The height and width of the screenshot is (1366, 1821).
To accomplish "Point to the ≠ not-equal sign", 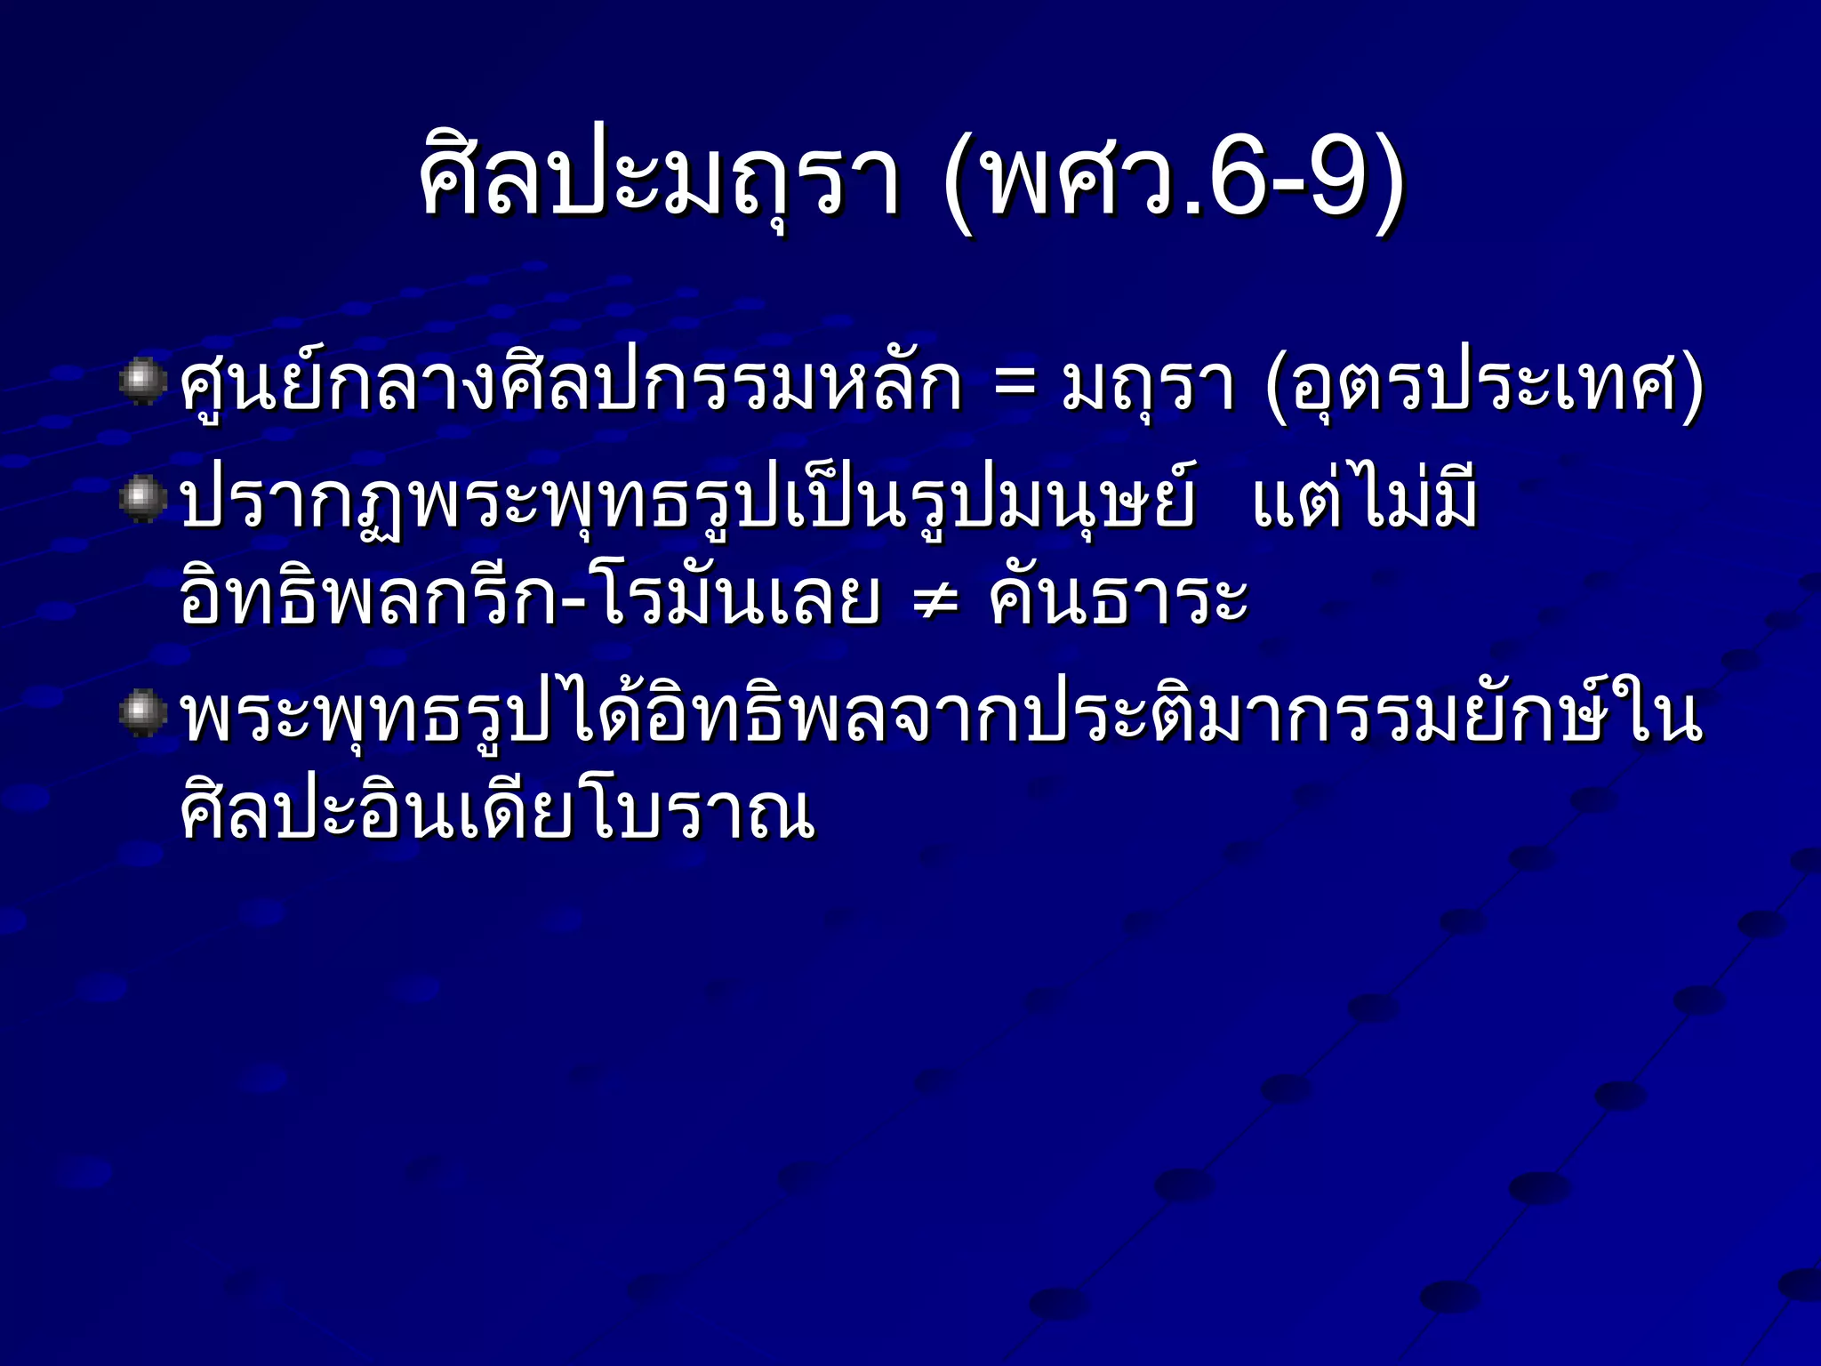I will (936, 601).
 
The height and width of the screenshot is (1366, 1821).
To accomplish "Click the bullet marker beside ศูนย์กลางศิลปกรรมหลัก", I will (143, 382).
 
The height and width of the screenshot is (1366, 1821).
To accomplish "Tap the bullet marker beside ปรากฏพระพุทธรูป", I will (143, 499).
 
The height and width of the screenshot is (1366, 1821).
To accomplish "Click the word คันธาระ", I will (1119, 598).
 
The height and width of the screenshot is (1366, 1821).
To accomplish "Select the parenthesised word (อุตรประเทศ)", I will (1483, 388).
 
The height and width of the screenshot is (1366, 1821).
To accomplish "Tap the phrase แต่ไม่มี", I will (1364, 499).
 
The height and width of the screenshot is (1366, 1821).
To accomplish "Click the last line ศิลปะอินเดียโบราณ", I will (498, 811).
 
